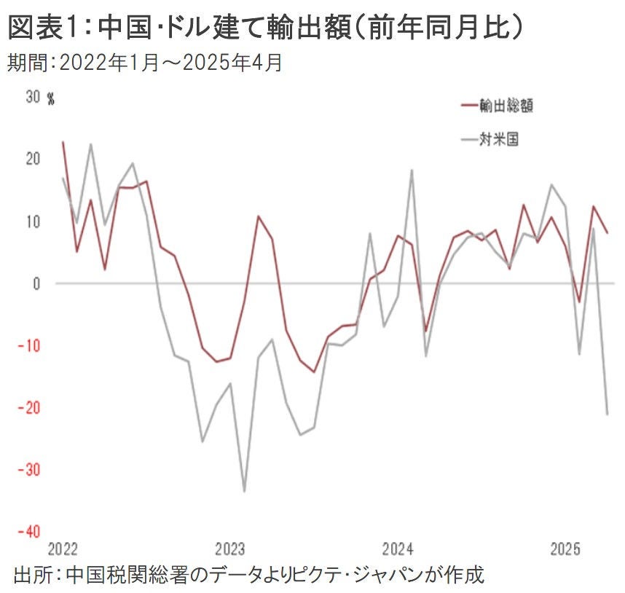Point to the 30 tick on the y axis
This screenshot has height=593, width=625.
[x=32, y=98]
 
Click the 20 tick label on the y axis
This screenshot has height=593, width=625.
[x=32, y=159]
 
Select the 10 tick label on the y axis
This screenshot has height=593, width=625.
[x=32, y=221]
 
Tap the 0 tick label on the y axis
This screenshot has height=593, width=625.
[x=36, y=283]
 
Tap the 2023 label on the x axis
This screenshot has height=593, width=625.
[x=231, y=548]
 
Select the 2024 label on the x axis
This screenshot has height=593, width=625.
[x=398, y=548]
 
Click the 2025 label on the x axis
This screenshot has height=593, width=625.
[x=566, y=548]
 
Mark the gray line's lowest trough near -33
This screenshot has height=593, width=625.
[x=244, y=491]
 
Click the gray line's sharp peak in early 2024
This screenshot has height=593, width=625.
[x=412, y=170]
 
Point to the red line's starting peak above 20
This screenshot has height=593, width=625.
[x=63, y=142]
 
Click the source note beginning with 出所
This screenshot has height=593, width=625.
[x=248, y=574]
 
